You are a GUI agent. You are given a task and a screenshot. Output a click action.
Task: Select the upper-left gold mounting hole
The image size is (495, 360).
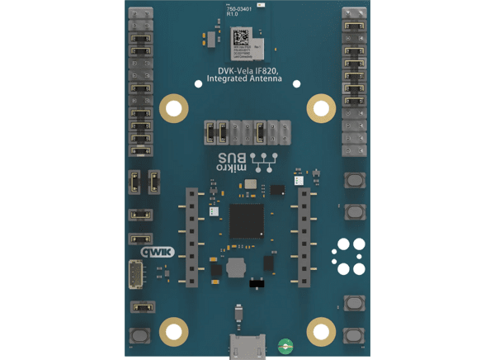click(172, 107)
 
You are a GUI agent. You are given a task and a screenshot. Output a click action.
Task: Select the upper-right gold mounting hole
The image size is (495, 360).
click(321, 107)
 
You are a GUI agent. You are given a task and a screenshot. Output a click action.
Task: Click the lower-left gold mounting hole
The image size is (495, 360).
click(172, 333)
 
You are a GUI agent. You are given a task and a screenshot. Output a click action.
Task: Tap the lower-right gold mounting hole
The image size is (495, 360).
click(321, 333)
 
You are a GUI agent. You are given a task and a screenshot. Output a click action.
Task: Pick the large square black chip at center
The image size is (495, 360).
click(247, 221)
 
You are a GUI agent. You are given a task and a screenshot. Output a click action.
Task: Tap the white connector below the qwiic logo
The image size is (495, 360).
click(137, 274)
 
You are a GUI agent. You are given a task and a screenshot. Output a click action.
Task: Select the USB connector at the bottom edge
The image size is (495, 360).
click(247, 348)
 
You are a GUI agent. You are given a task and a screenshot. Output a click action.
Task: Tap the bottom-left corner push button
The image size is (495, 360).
click(137, 336)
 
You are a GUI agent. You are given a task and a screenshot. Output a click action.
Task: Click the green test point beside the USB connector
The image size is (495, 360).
click(284, 345)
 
